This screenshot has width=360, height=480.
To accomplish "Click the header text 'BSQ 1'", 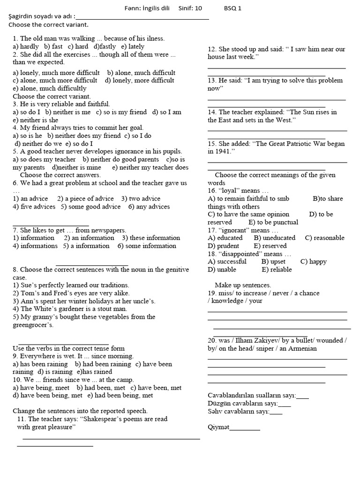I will [x=233, y=8].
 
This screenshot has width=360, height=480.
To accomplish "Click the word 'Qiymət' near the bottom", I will [x=219, y=427].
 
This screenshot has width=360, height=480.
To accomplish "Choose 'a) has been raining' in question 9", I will [x=40, y=364].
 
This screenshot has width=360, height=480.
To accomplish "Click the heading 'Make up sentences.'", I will [x=243, y=285].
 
